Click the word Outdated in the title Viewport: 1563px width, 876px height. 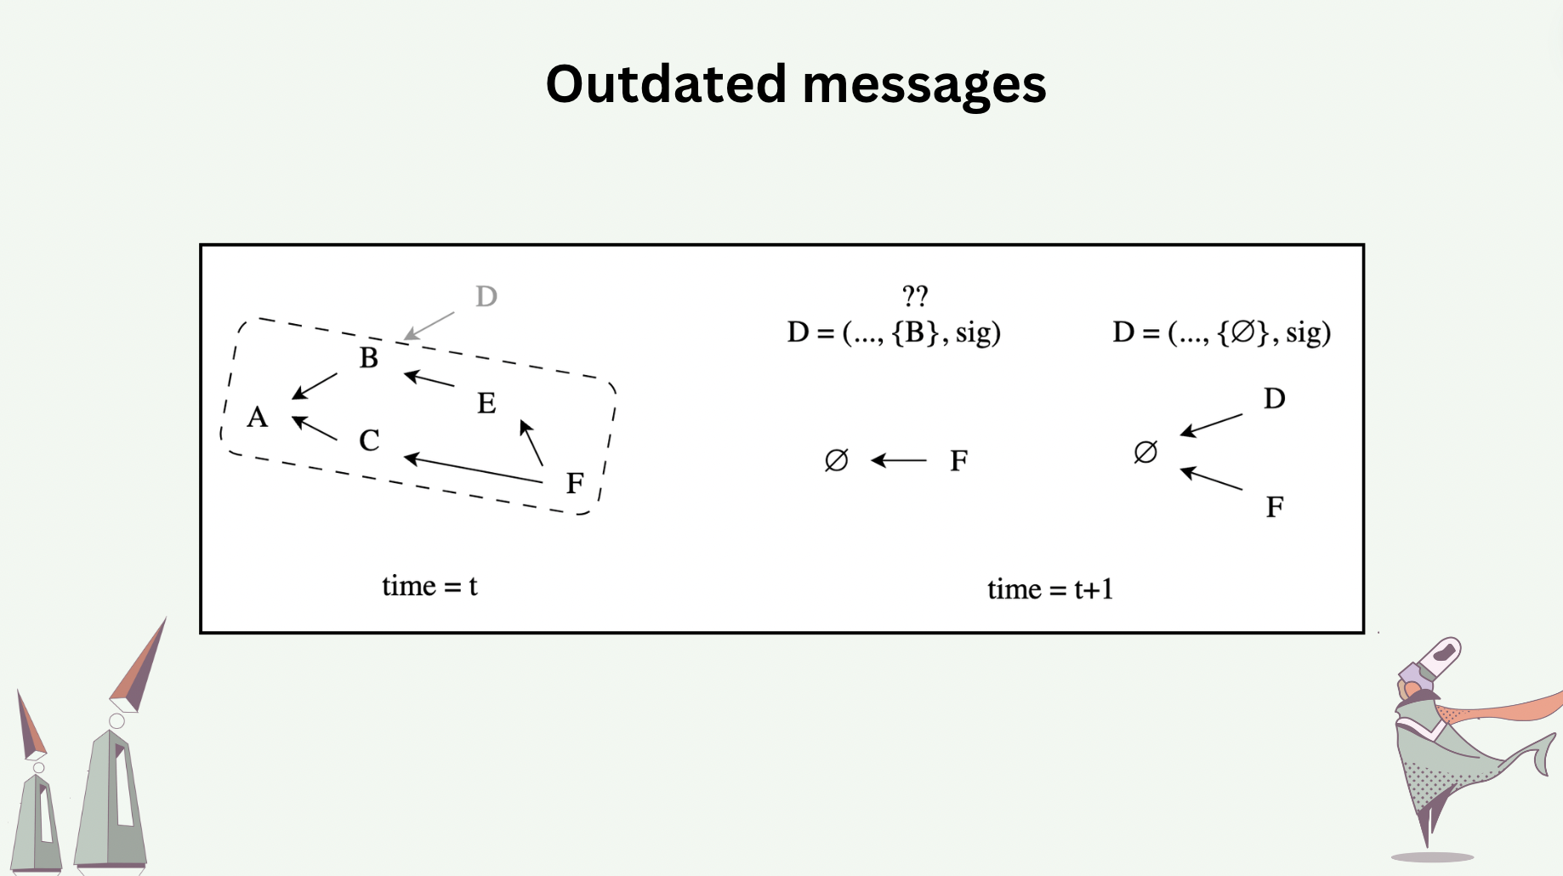click(666, 84)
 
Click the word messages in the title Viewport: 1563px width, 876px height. click(924, 86)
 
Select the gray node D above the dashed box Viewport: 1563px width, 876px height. click(486, 297)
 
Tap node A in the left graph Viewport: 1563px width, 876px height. click(258, 417)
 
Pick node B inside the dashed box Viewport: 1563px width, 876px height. click(368, 358)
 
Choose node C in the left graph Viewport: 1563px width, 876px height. click(369, 441)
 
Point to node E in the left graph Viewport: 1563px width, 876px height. click(486, 403)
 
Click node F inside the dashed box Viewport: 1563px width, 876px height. click(575, 483)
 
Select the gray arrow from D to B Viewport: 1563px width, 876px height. click(429, 326)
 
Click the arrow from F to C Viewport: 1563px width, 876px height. click(473, 469)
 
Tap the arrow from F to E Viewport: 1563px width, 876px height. click(531, 442)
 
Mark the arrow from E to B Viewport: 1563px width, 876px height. click(429, 378)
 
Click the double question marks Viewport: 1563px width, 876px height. click(915, 296)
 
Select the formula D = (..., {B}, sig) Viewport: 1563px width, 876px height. click(894, 333)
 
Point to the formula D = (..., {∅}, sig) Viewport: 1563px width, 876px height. click(1221, 333)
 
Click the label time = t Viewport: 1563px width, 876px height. click(429, 586)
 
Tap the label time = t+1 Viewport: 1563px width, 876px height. click(1050, 589)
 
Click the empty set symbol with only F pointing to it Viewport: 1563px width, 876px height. click(837, 460)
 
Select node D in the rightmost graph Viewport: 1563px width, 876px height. click(1274, 398)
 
